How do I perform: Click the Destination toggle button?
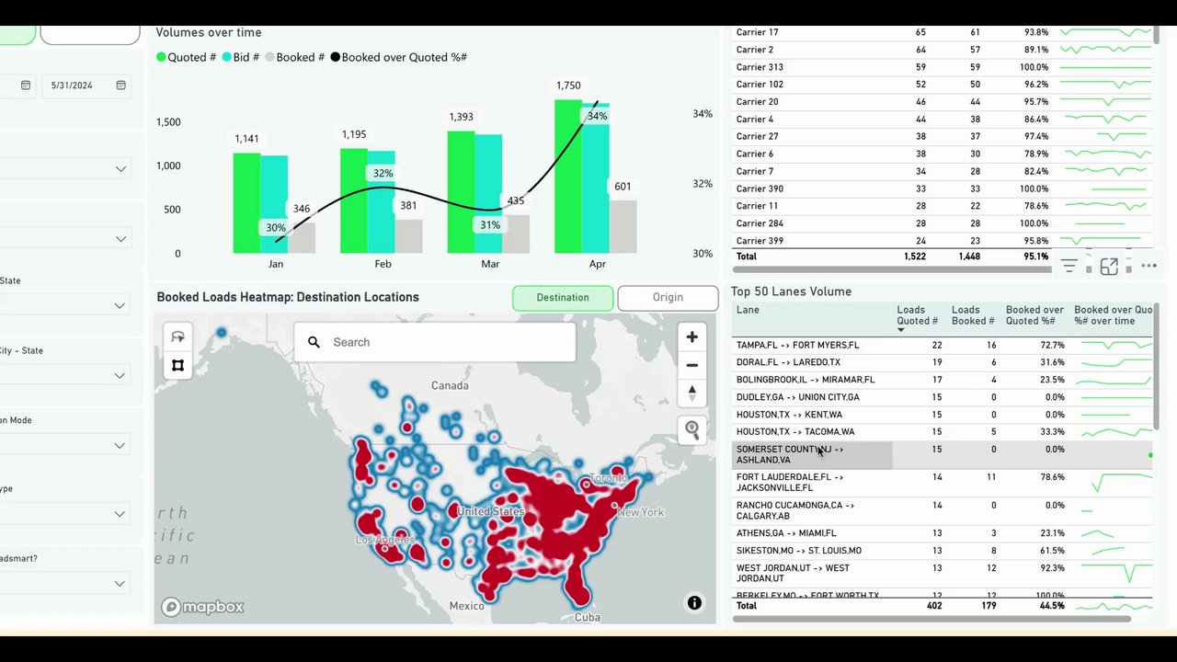tap(563, 298)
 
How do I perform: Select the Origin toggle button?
tap(668, 298)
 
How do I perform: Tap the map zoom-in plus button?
tap(691, 337)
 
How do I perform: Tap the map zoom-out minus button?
tap(691, 365)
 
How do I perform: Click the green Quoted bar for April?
tap(567, 177)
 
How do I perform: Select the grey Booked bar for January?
tap(302, 237)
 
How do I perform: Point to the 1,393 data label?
tap(461, 117)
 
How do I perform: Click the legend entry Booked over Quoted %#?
tap(404, 57)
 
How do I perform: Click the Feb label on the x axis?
tap(383, 264)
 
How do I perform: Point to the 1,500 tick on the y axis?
tap(168, 122)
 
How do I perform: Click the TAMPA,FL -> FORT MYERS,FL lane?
tap(797, 345)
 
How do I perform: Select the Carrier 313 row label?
tap(760, 67)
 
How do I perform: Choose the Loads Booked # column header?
tap(972, 315)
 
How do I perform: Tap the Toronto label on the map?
tap(609, 478)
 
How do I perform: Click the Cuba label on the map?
tap(587, 617)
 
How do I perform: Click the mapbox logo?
tap(203, 607)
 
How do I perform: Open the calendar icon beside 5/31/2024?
tap(120, 86)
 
